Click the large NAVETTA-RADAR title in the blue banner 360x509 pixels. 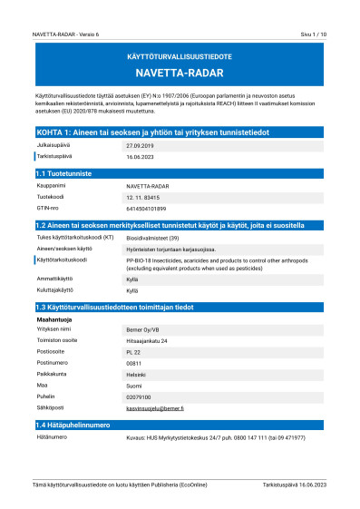click(x=180, y=73)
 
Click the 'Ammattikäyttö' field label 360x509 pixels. click(x=54, y=278)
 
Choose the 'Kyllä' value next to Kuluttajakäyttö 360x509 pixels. click(x=131, y=290)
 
